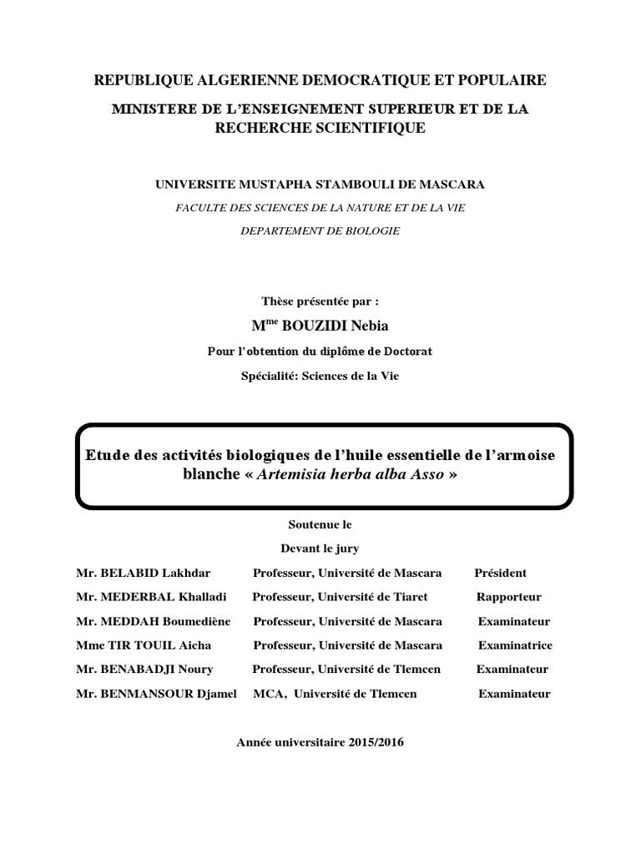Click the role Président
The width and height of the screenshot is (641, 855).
coord(501,573)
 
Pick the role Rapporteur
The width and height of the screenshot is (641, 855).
coord(509,597)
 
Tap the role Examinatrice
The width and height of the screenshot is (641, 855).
coord(515,645)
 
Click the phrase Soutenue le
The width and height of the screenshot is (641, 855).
coord(320,525)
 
